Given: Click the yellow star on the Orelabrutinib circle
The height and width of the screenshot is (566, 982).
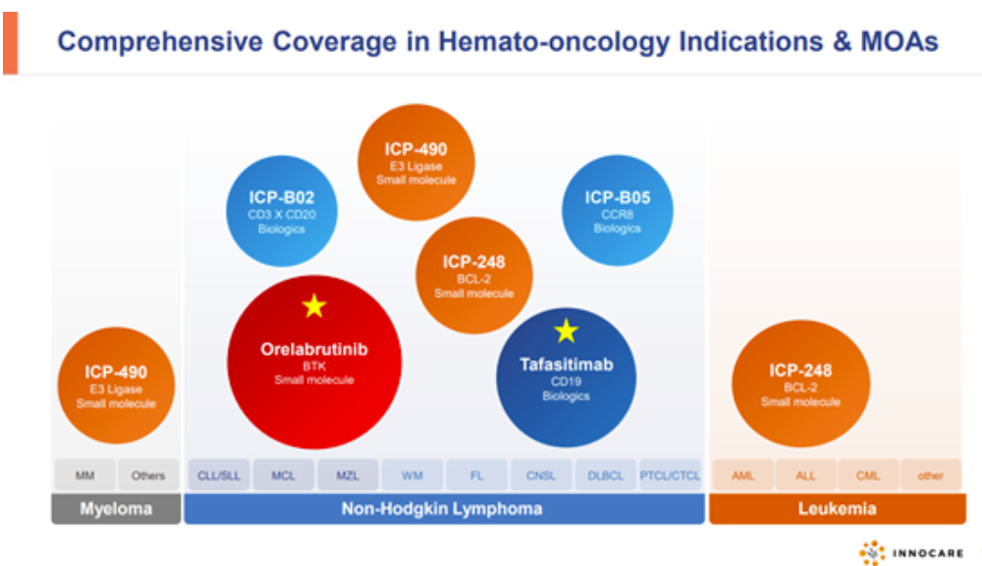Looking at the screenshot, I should [314, 306].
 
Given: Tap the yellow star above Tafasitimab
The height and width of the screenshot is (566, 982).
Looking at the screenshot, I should [566, 331].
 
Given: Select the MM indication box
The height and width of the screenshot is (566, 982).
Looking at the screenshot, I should [85, 476].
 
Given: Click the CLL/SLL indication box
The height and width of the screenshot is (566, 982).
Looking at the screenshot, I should [219, 476].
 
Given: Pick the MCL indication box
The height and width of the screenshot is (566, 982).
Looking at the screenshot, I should [283, 476].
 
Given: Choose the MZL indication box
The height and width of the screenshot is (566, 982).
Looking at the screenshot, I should [348, 476].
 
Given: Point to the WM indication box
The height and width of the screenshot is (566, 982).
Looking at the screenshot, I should [412, 476].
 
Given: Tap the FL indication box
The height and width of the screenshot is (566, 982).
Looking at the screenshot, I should [476, 476].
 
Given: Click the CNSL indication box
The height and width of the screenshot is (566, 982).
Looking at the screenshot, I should [541, 476].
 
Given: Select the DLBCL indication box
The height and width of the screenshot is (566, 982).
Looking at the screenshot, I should [605, 476].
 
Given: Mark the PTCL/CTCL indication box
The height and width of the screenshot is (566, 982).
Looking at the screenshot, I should [670, 476].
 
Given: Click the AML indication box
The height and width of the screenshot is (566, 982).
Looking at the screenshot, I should [742, 476].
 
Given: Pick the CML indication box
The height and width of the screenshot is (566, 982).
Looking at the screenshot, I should [867, 476].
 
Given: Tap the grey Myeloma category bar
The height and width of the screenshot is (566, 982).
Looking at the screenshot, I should [116, 509].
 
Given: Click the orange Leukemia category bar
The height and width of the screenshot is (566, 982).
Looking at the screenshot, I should [837, 509].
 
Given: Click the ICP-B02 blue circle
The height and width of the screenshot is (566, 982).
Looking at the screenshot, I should [282, 212].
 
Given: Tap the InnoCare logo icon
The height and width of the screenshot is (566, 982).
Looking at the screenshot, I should [872, 553].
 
